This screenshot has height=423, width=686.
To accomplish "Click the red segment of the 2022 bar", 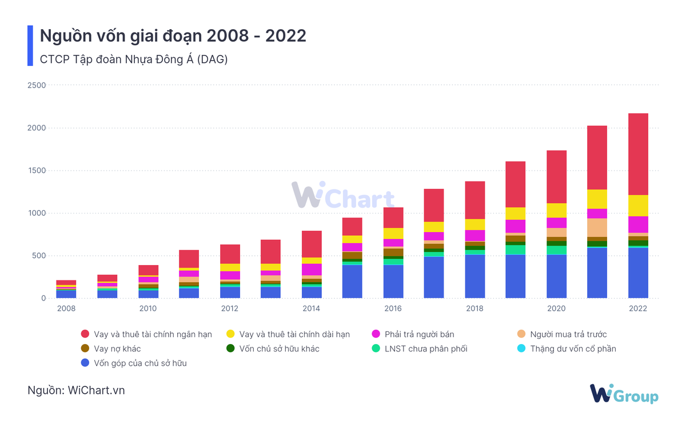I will pos(638,155).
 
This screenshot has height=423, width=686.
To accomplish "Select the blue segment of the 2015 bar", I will pos(352,281).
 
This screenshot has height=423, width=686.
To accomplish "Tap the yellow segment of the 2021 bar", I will pos(597,199).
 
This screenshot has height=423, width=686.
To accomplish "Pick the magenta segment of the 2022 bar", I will pos(638,224).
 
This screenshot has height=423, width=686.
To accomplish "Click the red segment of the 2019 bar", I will pos(515,184).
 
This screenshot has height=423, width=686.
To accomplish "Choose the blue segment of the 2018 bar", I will pos(474,276).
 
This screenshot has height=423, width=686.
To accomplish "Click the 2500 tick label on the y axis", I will pos(37,85).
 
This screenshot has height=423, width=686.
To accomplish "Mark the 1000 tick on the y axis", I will pos(37,213).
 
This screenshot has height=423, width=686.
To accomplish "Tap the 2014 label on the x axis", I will pos(312,309).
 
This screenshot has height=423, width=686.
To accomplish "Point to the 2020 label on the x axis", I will pos(556,309).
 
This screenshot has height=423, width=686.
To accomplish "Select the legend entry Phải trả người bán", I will pos(417,334).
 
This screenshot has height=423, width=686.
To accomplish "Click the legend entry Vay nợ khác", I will pos(117,349).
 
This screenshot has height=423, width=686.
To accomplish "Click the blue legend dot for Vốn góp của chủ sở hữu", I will pos(85,363).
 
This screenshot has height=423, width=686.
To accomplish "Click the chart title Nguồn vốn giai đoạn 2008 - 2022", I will pos(173,35).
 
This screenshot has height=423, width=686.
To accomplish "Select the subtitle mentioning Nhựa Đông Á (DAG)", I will pos(134,59).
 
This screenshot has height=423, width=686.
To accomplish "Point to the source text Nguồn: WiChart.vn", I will pos(76,390).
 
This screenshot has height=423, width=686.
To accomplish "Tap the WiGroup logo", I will pos(624,394).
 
